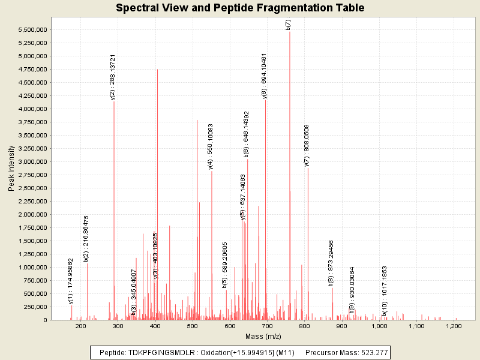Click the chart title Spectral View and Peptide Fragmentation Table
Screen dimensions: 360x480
point(240,8)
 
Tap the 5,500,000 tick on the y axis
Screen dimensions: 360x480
point(33,30)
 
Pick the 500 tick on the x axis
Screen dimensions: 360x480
point(193,326)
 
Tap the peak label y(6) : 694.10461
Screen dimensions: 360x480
point(265,76)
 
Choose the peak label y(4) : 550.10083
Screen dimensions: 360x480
point(211,147)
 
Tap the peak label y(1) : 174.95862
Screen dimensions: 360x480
point(71,281)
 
